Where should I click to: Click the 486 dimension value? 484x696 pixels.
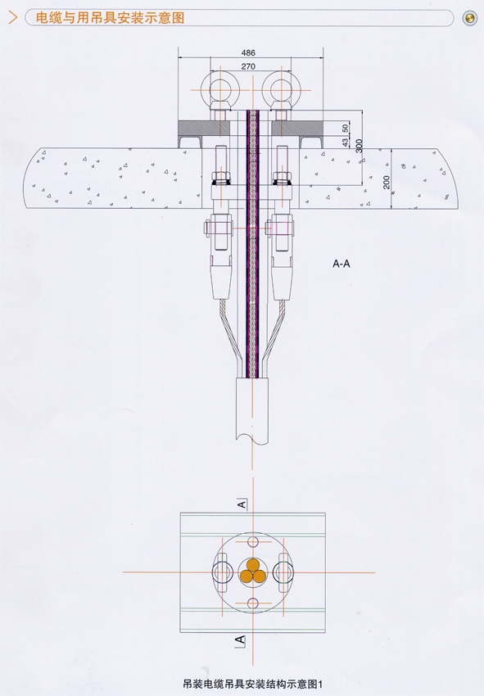tap(248, 53)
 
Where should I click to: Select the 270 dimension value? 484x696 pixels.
tap(248, 66)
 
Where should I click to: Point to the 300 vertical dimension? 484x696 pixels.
tap(360, 146)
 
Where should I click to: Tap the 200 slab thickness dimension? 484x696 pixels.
tap(387, 182)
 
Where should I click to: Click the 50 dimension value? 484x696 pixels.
tap(346, 129)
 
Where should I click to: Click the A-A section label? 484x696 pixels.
tap(341, 264)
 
